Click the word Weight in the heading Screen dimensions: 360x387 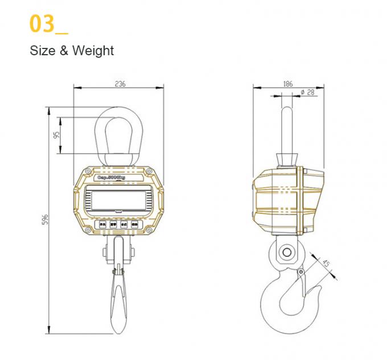click(93, 51)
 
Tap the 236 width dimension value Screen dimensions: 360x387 click(120, 84)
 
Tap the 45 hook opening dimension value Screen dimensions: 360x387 click(325, 264)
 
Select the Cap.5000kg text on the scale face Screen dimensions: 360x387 click(118, 177)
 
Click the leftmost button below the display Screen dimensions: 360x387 click(104, 225)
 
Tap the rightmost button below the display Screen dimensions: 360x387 click(135, 225)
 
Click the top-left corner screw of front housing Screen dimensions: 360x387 click(88, 171)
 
